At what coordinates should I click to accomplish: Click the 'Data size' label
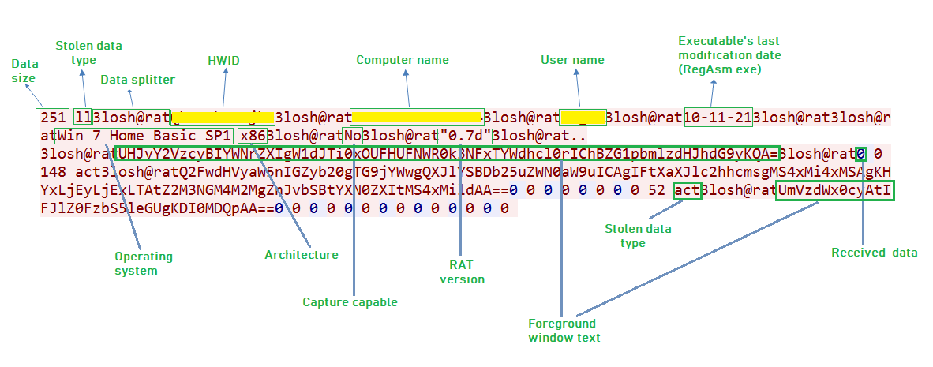click(24, 71)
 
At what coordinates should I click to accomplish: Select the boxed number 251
click(53, 118)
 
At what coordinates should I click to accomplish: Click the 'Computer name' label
click(403, 60)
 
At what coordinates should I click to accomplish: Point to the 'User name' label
click(572, 60)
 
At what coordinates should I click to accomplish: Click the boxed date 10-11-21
click(718, 118)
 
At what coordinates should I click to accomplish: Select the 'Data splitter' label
click(137, 80)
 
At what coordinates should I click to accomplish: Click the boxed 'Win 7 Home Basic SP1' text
click(144, 135)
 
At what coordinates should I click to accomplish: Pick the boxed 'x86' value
click(252, 135)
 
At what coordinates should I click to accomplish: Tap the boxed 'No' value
click(352, 135)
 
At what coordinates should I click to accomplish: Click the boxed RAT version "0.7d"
click(466, 135)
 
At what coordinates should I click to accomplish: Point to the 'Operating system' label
click(144, 264)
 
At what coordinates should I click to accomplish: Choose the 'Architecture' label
click(301, 255)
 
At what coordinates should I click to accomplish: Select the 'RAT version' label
click(463, 272)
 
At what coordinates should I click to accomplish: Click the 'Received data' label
click(875, 253)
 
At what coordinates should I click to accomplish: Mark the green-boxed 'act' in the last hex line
click(687, 190)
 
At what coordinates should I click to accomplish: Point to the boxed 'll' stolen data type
click(82, 118)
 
